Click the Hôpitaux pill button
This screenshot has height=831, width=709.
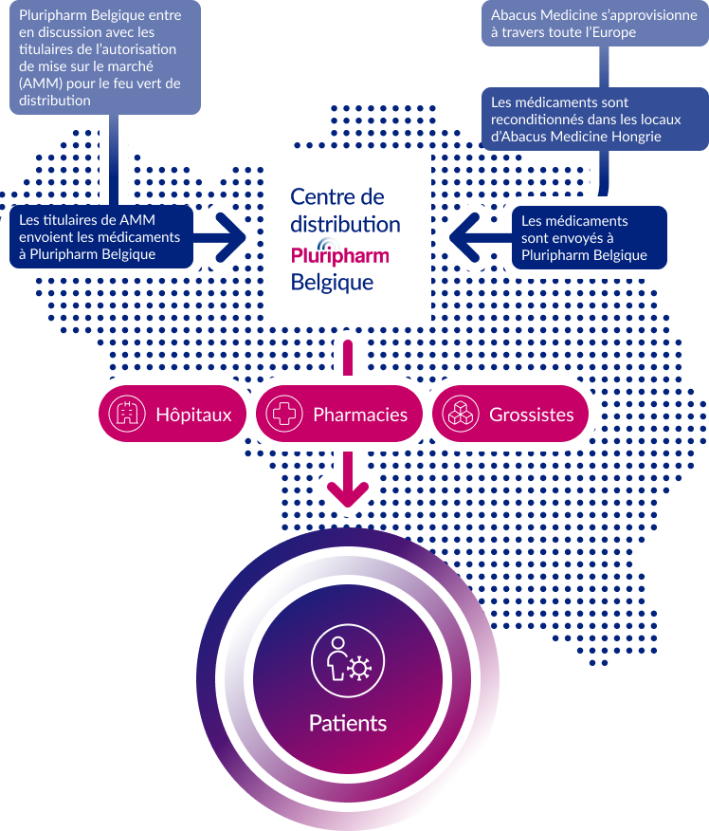tap(171, 415)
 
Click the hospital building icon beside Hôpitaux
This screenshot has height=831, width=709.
tap(126, 415)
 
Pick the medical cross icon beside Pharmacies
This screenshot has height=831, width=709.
tap(283, 415)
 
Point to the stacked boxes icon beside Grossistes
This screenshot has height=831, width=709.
tap(460, 415)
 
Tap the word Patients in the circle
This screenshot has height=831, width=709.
tap(347, 723)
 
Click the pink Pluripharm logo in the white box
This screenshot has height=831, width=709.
tap(339, 254)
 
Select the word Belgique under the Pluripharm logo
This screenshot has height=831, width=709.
tap(332, 283)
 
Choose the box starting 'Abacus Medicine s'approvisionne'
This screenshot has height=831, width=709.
tap(593, 24)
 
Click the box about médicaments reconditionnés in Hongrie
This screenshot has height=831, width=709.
tap(585, 120)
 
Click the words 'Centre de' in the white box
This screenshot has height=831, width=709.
tap(336, 197)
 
